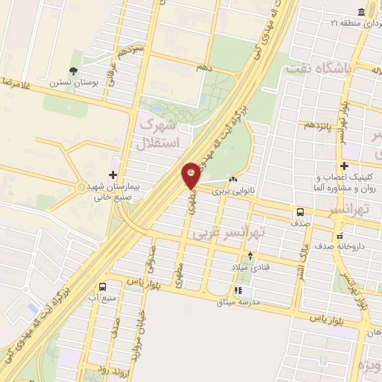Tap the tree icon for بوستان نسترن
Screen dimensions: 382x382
[73, 72]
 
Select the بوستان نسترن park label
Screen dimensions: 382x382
[72, 84]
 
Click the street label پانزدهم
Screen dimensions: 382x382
[318, 124]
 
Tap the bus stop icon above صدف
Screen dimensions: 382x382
[299, 211]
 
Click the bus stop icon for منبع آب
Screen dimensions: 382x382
[102, 286]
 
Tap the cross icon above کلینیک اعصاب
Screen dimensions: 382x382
[343, 166]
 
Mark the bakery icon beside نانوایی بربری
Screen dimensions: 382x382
[234, 179]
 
